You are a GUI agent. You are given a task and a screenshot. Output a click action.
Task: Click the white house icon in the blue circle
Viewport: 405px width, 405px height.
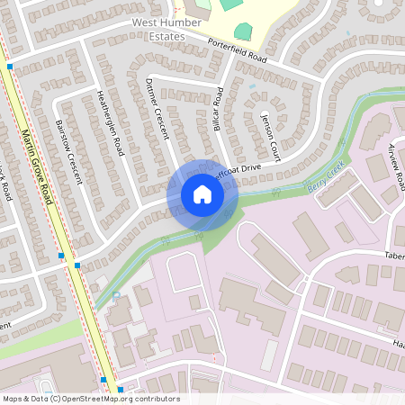pyautogui.click(x=202, y=194)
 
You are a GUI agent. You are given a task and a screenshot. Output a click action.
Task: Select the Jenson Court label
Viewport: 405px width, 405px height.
pyautogui.click(x=269, y=134)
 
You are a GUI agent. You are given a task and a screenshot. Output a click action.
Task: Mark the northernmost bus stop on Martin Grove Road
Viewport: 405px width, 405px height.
pyautogui.click(x=10, y=67)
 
